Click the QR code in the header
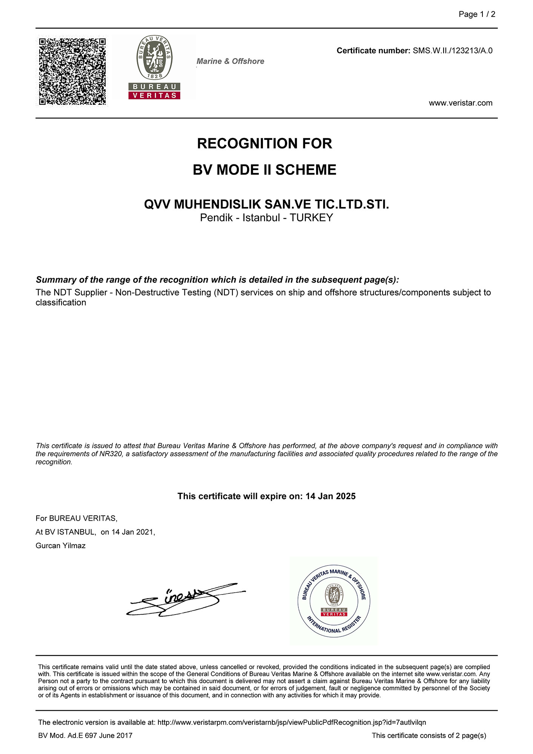point(72,71)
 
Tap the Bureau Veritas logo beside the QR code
point(154,68)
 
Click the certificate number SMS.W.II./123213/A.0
point(452,51)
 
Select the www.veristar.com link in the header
point(460,103)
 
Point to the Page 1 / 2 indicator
point(477,14)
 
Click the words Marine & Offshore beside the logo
point(230,61)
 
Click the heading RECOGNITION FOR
point(264,144)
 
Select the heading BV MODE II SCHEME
point(264,170)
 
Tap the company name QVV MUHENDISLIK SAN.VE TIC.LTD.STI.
point(266,204)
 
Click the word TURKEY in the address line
point(311,218)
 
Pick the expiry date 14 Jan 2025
point(330,496)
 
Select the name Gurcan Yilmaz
point(61,546)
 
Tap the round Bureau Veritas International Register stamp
point(334,601)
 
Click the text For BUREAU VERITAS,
point(77,518)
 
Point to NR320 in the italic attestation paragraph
point(111,454)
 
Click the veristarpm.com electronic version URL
point(292,722)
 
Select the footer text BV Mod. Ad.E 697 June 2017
point(85,735)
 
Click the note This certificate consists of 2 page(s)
point(429,735)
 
